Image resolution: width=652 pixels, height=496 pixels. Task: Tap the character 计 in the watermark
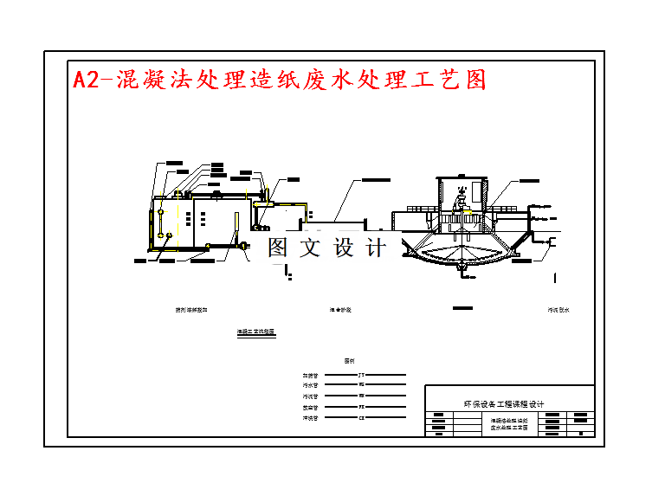click(377, 248)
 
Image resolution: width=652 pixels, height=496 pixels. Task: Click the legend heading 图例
click(350, 360)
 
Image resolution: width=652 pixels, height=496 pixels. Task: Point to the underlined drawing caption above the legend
click(256, 332)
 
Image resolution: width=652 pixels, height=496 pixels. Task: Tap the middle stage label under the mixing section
click(339, 309)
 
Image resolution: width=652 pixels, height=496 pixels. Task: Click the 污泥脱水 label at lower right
click(558, 309)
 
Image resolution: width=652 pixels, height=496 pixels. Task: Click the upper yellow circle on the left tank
click(162, 210)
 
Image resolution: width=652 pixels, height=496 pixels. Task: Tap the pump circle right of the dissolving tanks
click(242, 247)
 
